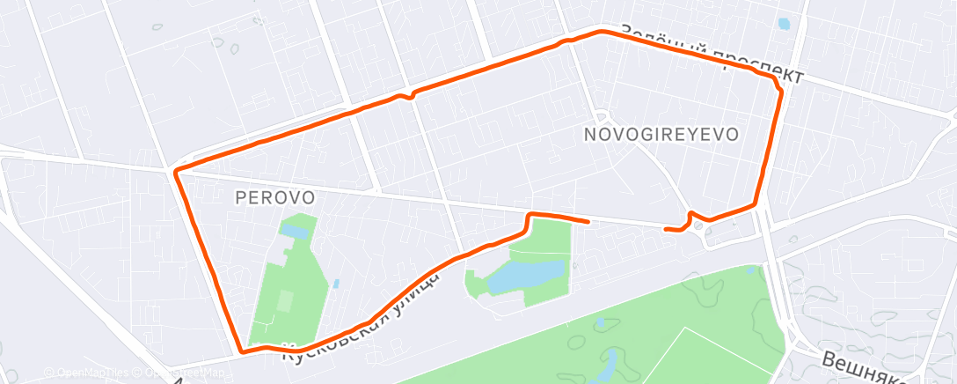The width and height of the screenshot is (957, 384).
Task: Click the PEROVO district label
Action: coord(274,198)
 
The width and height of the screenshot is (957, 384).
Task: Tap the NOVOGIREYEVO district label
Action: coord(661,134)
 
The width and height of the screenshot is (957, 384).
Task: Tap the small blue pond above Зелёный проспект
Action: coord(785,25)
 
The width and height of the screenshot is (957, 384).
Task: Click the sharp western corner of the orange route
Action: coord(176,170)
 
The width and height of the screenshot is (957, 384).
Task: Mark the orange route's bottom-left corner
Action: coord(241,351)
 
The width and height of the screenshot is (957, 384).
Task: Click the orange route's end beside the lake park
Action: coord(587,221)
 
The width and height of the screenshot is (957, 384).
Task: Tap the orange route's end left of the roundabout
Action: coord(666,229)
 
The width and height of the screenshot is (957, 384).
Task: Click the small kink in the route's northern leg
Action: coord(405,95)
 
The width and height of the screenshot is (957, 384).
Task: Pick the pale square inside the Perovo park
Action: coord(284,302)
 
